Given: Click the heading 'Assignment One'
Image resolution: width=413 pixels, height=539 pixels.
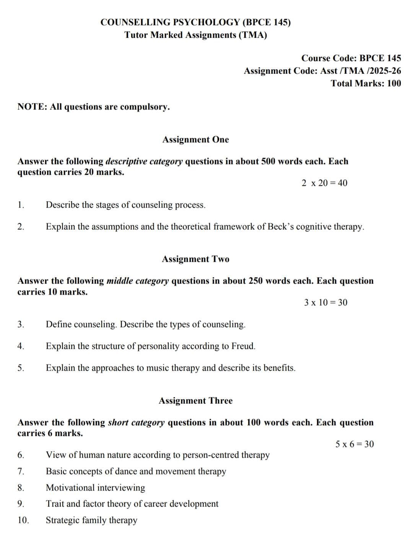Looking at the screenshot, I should click(x=195, y=140).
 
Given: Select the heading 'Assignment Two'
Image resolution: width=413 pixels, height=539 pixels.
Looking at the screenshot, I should click(x=195, y=259).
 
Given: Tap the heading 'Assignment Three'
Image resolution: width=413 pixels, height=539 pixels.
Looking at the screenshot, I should click(x=195, y=401).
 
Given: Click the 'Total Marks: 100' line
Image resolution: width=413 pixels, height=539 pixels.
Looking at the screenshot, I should click(x=366, y=84).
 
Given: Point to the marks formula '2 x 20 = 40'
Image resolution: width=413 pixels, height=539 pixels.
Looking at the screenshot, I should click(x=324, y=183).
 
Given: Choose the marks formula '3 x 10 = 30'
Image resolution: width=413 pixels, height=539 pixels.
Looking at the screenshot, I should click(x=326, y=303).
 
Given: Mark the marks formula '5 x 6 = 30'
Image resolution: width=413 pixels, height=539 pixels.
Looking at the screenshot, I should click(x=354, y=444).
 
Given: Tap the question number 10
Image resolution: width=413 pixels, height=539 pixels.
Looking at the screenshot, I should click(x=23, y=520).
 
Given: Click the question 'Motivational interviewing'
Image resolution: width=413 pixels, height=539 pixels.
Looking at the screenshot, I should click(x=96, y=488).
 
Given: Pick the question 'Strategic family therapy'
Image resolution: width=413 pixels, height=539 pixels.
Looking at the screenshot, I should click(x=91, y=520).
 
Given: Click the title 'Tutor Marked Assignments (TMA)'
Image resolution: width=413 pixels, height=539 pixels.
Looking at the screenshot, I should click(x=195, y=35).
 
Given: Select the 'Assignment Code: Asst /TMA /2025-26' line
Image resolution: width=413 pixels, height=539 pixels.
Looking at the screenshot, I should click(x=322, y=71).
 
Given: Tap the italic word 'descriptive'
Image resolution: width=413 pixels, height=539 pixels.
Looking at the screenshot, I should click(x=126, y=161).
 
